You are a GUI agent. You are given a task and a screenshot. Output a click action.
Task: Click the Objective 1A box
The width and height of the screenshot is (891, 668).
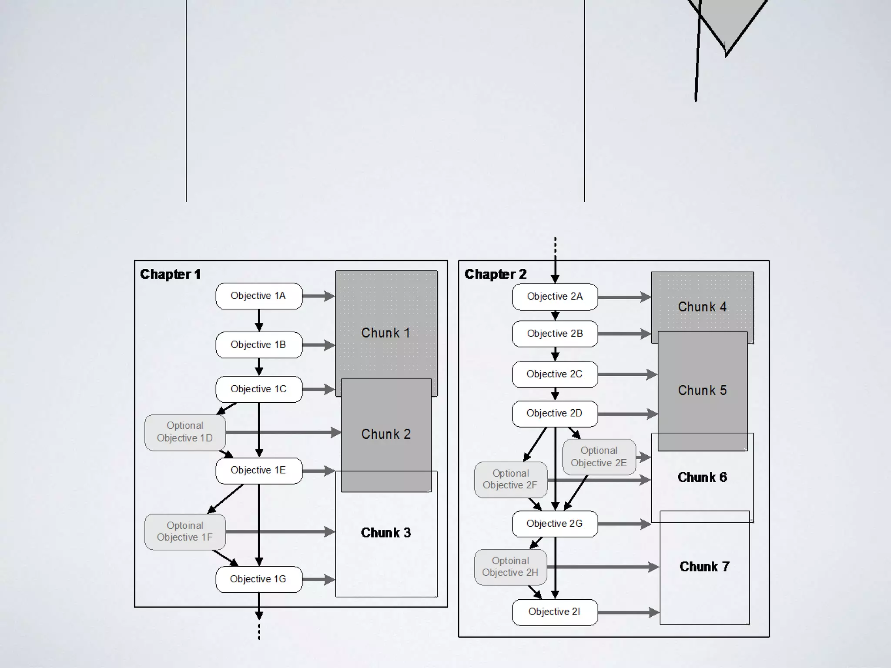258,296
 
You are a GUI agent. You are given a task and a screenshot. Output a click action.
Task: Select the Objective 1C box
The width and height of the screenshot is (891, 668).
258,389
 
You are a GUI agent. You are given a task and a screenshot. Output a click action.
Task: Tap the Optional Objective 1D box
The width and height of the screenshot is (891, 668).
185,432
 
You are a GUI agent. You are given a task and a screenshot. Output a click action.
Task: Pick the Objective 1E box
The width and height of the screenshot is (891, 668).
258,471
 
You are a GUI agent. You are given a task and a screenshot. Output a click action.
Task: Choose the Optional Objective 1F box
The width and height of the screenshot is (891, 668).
185,532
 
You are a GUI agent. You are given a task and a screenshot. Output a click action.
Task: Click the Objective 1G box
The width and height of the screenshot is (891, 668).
258,579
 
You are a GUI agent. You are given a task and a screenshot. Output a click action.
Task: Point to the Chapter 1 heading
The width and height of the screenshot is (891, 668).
170,274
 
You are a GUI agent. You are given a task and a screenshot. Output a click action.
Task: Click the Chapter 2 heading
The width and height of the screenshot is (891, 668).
495,274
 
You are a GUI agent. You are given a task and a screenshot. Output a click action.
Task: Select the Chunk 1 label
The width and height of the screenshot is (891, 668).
385,333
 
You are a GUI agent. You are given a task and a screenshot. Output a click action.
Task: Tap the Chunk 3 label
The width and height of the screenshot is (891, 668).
385,533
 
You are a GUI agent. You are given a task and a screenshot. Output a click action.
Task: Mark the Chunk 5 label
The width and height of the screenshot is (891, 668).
702,391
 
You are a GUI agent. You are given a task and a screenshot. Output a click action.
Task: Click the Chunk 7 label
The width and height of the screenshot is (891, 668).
704,567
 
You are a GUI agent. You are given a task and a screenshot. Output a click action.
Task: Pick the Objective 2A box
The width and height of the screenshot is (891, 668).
555,297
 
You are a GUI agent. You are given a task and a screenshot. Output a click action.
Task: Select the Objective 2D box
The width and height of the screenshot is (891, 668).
555,414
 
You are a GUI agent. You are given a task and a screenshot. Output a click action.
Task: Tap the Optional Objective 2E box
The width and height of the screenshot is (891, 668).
599,457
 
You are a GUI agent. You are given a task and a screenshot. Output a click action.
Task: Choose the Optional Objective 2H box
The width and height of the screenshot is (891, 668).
510,567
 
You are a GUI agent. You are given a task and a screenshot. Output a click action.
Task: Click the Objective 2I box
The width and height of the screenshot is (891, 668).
555,612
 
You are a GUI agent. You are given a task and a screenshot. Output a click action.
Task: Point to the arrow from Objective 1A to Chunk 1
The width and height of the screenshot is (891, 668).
318,296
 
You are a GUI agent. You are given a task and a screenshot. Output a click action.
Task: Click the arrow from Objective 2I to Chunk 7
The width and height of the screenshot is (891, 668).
629,613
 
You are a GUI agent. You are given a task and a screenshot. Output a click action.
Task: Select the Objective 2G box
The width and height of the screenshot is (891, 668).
555,524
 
